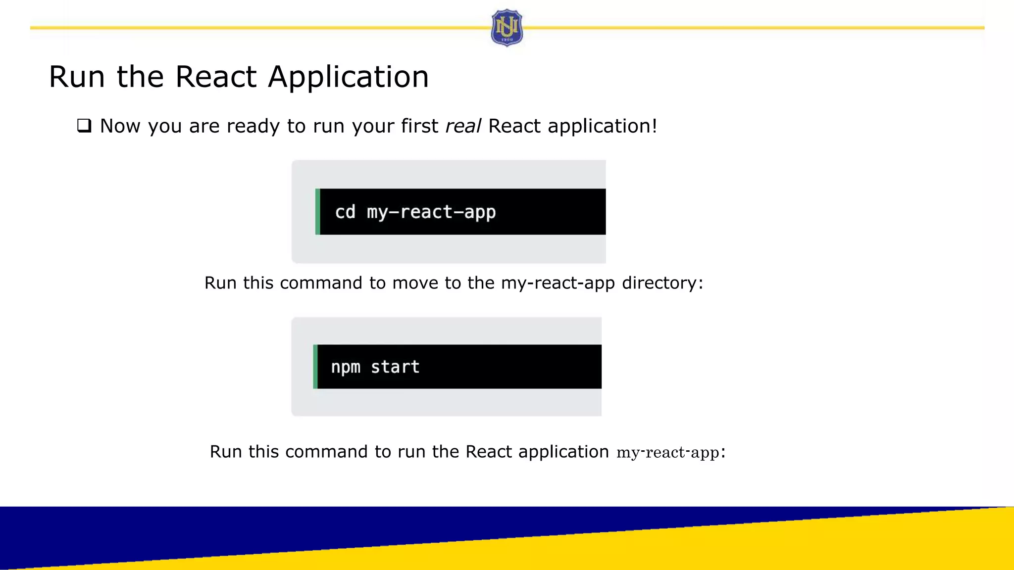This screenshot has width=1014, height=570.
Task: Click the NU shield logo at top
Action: (507, 28)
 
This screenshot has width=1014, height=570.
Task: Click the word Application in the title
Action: (348, 77)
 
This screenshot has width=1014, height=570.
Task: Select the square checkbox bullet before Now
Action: (84, 126)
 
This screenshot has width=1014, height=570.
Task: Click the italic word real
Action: (462, 126)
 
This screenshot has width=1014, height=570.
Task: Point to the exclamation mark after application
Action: (655, 126)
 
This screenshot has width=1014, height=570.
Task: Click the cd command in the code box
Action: (345, 212)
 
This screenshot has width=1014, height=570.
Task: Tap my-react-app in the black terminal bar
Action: (431, 212)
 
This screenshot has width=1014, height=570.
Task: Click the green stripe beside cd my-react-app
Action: (318, 212)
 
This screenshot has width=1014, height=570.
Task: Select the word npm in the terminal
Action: (345, 367)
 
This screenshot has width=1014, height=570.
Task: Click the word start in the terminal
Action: (395, 367)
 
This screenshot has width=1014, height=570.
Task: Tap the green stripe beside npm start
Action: (315, 367)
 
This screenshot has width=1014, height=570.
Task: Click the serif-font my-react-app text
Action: (667, 453)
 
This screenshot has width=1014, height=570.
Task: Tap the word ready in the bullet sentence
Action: (253, 127)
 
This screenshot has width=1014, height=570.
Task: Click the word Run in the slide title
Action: (77, 77)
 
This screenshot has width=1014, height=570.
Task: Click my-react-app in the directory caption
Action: (558, 283)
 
